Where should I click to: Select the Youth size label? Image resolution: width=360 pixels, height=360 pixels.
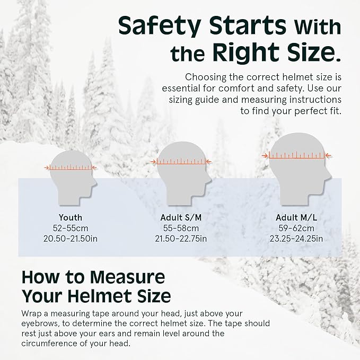[71, 217]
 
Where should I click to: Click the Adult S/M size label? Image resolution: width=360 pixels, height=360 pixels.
[181, 217]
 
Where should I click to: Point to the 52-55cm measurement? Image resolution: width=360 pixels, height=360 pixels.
[71, 228]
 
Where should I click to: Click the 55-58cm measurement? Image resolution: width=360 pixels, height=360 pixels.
[181, 228]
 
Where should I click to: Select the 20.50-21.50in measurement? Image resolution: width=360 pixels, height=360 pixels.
[71, 238]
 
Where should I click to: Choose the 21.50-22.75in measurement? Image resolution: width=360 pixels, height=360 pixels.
[181, 238]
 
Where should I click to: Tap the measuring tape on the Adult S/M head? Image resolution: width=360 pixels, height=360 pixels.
[181, 161]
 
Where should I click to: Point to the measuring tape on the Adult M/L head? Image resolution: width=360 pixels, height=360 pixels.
[297, 155]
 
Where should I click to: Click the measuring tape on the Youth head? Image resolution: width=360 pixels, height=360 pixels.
[71, 168]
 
